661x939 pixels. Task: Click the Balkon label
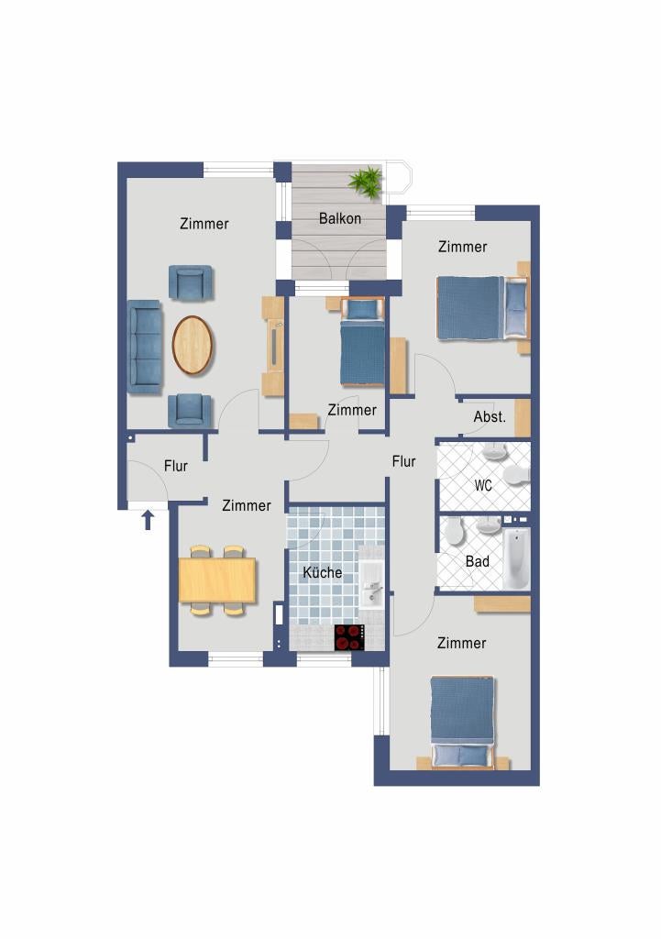pos(339,218)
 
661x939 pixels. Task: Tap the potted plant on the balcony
pos(366,182)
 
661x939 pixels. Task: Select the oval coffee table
pos(193,345)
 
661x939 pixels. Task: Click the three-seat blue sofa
pos(145,347)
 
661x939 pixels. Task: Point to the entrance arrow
pos(148,520)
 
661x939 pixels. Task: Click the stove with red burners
pos(349,637)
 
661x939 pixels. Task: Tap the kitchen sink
pos(372,585)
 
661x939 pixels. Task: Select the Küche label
pos(322,572)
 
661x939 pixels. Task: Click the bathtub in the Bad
pos(515,559)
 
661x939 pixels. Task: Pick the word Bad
pos(478,561)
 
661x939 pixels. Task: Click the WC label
pos(483,485)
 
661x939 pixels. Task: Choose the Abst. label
pos(490,417)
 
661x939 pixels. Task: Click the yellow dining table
pos(217,580)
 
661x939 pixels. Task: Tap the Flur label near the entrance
pos(175,466)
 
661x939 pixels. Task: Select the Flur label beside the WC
pos(403,461)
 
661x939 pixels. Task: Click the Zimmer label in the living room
pos(204,224)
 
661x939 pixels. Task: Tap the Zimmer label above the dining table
pos(246,505)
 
